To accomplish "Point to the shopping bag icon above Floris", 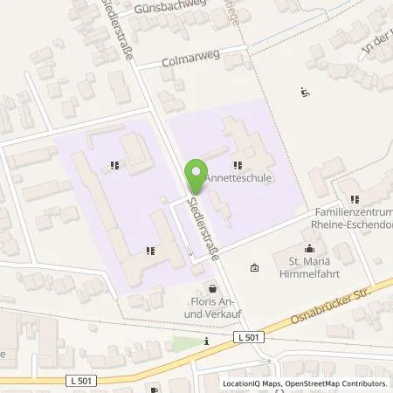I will tap(211, 287).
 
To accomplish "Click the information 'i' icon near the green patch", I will tap(206, 341).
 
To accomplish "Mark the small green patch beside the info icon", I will tap(184, 341).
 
